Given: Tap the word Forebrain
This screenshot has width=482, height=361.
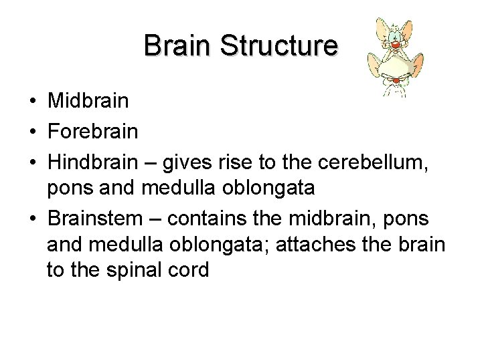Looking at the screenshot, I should (x=93, y=131).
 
